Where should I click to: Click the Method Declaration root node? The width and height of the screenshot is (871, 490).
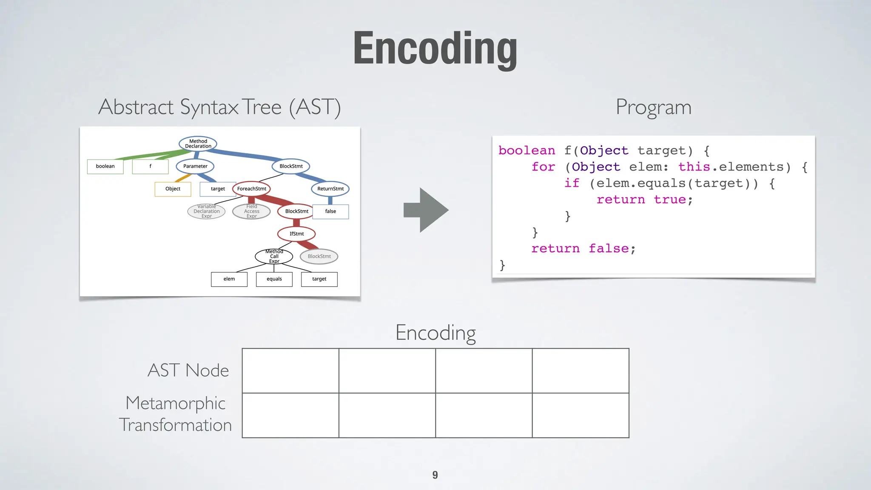[x=198, y=144]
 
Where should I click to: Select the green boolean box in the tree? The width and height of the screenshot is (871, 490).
[x=105, y=166]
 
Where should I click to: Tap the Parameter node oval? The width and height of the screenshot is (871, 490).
[x=195, y=166]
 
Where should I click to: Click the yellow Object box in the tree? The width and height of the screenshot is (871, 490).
[x=173, y=189]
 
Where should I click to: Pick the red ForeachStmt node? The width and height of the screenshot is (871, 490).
[x=251, y=189]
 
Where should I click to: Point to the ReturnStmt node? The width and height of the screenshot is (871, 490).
[x=330, y=189]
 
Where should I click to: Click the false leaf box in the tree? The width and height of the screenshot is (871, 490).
[x=330, y=211]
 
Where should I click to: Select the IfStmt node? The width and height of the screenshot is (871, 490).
[x=296, y=234]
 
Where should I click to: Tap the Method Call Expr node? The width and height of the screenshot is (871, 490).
[x=274, y=256]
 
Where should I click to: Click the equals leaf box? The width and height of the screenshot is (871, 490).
[x=274, y=279]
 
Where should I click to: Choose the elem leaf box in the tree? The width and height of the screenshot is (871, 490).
[x=229, y=279]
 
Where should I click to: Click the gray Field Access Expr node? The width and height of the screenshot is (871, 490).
[x=251, y=211]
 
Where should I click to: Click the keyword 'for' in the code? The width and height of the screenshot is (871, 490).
[x=543, y=167]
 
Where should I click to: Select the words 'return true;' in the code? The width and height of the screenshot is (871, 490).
[x=644, y=199]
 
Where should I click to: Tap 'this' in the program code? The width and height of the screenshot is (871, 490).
[x=694, y=167]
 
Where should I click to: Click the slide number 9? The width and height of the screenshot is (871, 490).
[x=435, y=475]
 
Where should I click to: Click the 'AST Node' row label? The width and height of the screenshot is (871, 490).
[x=188, y=370]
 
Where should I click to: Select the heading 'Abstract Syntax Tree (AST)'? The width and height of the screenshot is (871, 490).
[x=219, y=107]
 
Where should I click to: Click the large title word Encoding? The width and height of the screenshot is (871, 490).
[x=435, y=48]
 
